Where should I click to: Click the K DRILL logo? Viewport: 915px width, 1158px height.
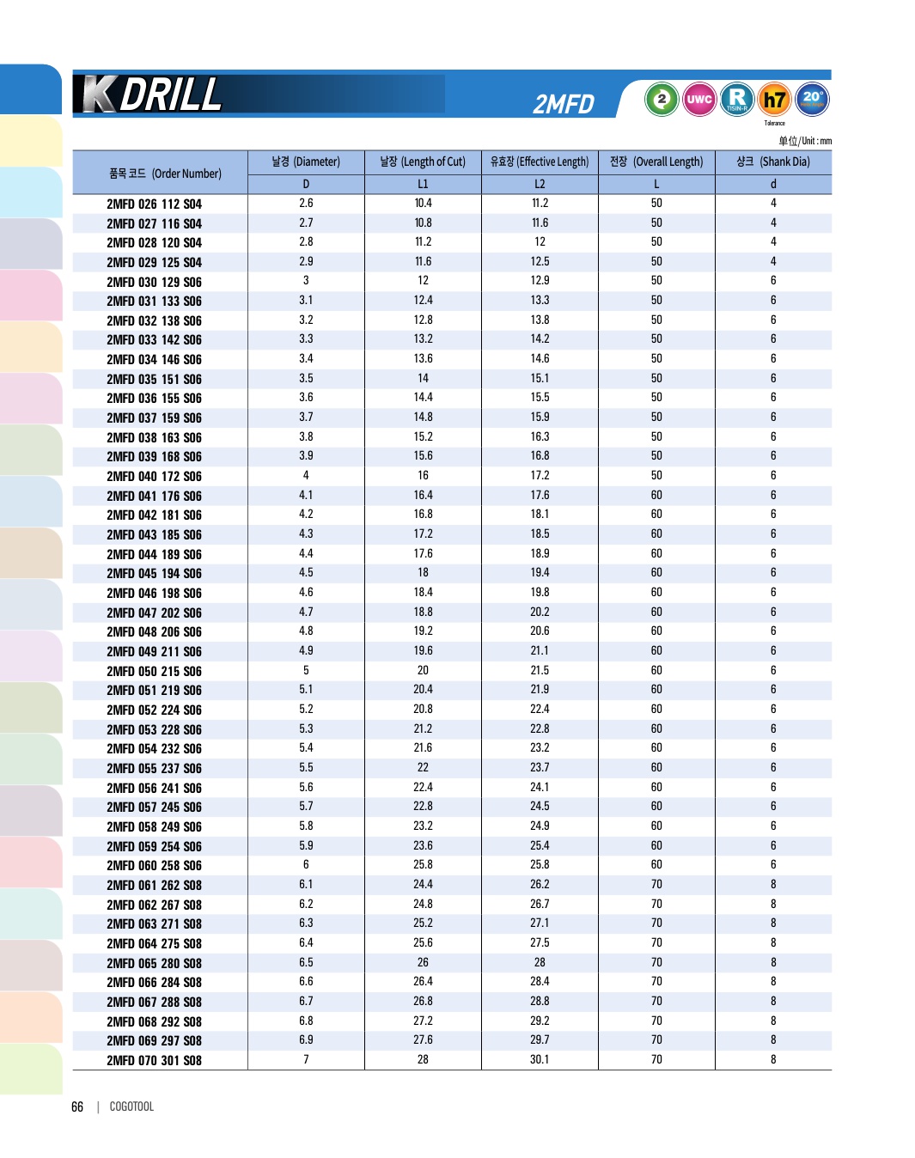(153, 94)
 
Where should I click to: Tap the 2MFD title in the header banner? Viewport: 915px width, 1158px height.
(564, 104)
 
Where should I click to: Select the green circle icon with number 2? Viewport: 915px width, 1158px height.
(662, 100)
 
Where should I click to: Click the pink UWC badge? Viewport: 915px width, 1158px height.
(699, 100)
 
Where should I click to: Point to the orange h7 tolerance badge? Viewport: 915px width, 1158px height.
(775, 100)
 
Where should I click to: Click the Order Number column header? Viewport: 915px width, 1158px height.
(165, 174)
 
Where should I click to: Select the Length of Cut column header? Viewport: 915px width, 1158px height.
(423, 162)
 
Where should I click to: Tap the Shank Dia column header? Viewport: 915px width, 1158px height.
(773, 162)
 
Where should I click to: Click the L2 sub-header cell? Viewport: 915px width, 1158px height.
(540, 184)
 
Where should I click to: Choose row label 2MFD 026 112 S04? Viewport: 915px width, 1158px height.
(155, 204)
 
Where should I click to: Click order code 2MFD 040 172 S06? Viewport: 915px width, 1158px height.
(155, 477)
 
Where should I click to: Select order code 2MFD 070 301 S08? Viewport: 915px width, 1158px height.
(155, 1061)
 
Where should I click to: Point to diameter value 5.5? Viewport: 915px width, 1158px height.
(306, 768)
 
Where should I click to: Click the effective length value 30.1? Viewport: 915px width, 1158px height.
(540, 1060)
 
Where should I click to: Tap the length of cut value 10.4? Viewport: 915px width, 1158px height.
(423, 204)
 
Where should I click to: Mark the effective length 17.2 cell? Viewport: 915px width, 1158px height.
(540, 476)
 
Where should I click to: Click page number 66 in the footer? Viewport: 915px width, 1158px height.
(77, 1107)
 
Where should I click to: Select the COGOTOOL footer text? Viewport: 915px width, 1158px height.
(131, 1107)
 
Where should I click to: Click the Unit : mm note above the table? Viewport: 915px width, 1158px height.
(805, 141)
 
